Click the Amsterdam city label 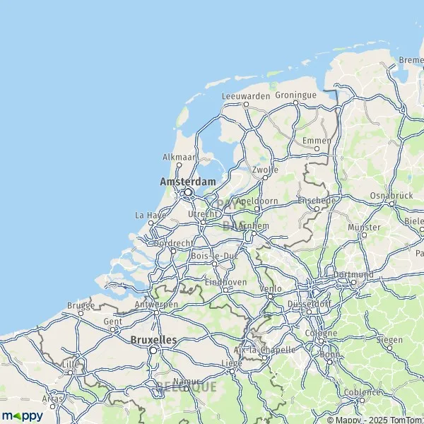point(188,182)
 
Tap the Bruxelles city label point(153,340)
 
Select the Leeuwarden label point(246,95)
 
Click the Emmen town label point(316,141)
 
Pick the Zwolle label point(265,170)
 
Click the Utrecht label point(202,213)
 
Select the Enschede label point(317,201)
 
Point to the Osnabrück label point(391,195)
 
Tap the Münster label point(364,228)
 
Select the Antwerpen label point(155,305)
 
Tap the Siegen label point(389,340)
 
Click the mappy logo point(22,415)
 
